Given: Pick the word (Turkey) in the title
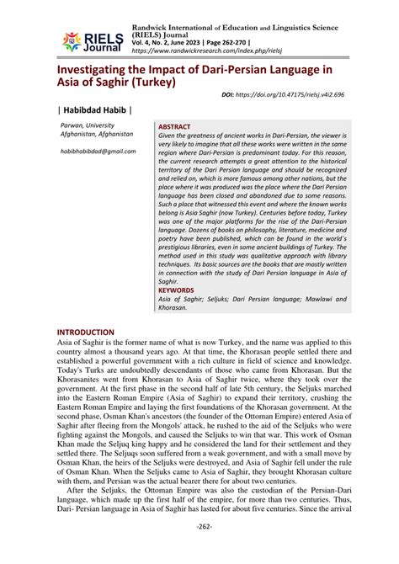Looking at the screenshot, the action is tap(149, 83).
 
